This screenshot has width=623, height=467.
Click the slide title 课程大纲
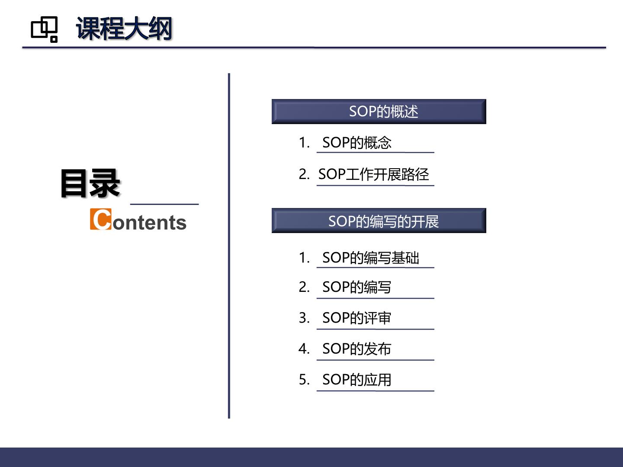point(124,29)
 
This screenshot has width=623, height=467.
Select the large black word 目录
point(90,183)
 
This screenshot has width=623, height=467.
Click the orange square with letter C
point(100,219)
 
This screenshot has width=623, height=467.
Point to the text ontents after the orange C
point(150,223)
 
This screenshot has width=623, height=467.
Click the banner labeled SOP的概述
point(379,112)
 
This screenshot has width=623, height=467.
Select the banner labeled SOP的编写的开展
point(379,221)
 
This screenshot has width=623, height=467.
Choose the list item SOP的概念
point(357,142)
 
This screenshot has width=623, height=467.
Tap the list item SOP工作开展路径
point(373,174)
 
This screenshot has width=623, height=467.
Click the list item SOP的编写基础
point(371,258)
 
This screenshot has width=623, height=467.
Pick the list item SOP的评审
point(357,318)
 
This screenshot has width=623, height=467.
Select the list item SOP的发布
point(357,349)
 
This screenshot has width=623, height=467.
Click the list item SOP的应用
point(357,379)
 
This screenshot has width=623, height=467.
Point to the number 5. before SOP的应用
point(304,379)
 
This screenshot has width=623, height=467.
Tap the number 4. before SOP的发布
point(304,349)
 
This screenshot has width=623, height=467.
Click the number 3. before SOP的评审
point(304,318)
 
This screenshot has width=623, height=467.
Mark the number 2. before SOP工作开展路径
point(304,174)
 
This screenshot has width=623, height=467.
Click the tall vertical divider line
point(229,246)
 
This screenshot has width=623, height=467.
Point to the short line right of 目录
point(164,204)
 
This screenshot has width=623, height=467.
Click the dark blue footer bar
point(311,457)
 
